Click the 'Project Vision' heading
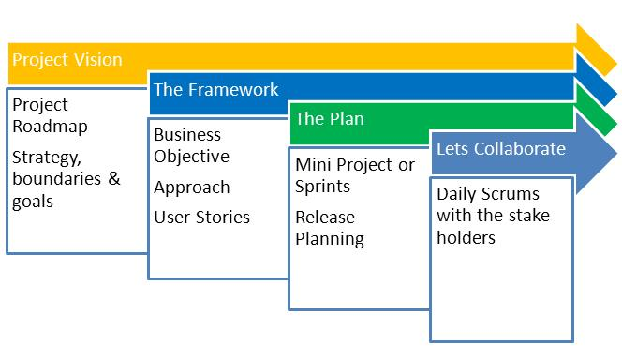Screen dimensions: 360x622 pos(67,60)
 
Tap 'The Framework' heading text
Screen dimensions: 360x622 pos(216,90)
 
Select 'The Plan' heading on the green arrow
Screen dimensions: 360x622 pos(329,119)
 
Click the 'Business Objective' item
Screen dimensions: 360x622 pos(192,144)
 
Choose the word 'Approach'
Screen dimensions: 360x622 pos(192,187)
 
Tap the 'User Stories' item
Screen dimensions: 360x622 pos(202,217)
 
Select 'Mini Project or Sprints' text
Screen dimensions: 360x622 pos(354,175)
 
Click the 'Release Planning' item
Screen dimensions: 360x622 pos(329,228)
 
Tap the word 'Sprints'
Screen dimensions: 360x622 pos(323,186)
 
